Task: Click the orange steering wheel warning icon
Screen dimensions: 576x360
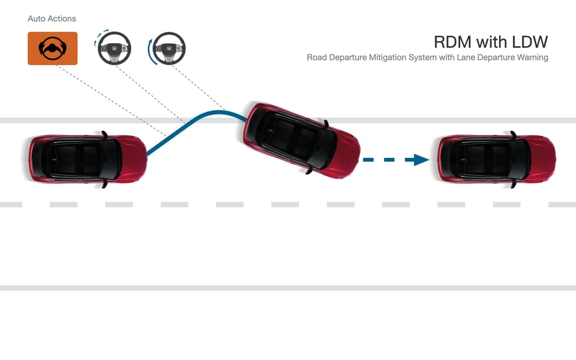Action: coord(52,49)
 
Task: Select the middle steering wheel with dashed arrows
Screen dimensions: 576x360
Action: coord(114,48)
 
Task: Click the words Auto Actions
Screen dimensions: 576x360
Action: coord(52,18)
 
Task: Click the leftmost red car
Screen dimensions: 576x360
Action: coord(88,159)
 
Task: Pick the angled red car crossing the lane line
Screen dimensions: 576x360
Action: coord(301,140)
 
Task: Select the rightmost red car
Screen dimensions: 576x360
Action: coord(497,159)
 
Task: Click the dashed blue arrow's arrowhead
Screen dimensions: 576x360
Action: coord(421,160)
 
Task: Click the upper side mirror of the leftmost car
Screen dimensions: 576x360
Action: coord(105,134)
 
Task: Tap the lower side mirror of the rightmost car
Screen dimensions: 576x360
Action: coord(513,185)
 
